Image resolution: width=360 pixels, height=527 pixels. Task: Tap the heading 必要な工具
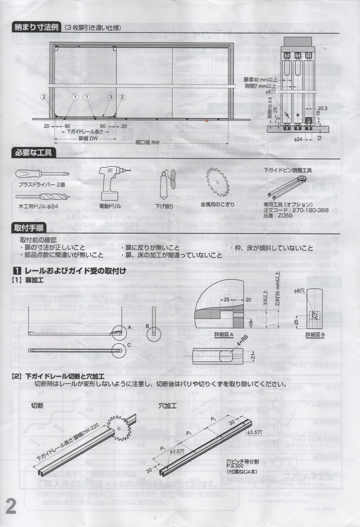(34, 153)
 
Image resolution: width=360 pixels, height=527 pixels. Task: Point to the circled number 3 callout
(110, 97)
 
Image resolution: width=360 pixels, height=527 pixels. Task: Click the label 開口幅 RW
(147, 142)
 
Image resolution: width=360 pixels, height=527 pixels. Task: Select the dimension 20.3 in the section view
(322, 109)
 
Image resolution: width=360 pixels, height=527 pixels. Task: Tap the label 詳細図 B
(315, 334)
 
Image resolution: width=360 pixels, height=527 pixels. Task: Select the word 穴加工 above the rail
(168, 405)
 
